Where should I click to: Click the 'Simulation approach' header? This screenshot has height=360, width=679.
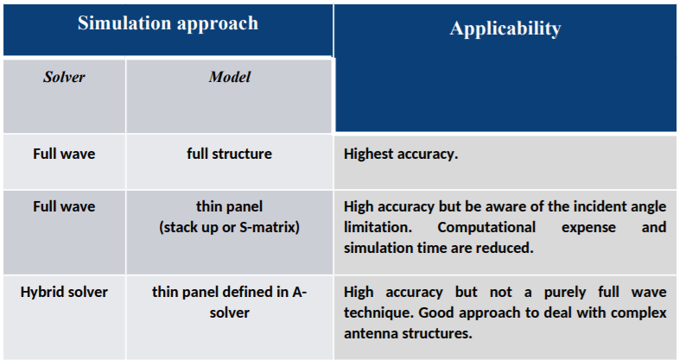[x=168, y=23]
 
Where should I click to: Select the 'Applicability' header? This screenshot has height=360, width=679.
[x=505, y=29]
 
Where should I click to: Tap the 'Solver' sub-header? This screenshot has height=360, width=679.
[x=64, y=77]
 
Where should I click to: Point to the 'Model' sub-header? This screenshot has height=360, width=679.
[x=230, y=77]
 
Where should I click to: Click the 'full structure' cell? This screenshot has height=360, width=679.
[x=230, y=154]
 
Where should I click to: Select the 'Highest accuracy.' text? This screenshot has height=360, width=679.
[x=401, y=154]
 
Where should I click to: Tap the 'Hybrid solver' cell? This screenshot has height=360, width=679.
[x=64, y=292]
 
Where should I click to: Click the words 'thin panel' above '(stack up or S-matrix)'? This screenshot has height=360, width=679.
[x=230, y=206]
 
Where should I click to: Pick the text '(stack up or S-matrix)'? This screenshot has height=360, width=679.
[x=230, y=227]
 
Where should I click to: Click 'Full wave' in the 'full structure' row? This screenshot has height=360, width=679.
[x=64, y=154]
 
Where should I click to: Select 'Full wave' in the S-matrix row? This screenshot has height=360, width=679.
[x=64, y=206]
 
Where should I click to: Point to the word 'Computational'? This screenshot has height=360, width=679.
[x=486, y=228]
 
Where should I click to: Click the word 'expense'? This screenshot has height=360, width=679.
[x=588, y=228]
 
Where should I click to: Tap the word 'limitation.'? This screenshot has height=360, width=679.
[x=378, y=227]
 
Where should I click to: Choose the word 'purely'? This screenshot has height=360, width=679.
[x=565, y=293]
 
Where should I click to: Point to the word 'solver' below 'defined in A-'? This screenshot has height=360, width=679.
[x=230, y=313]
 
